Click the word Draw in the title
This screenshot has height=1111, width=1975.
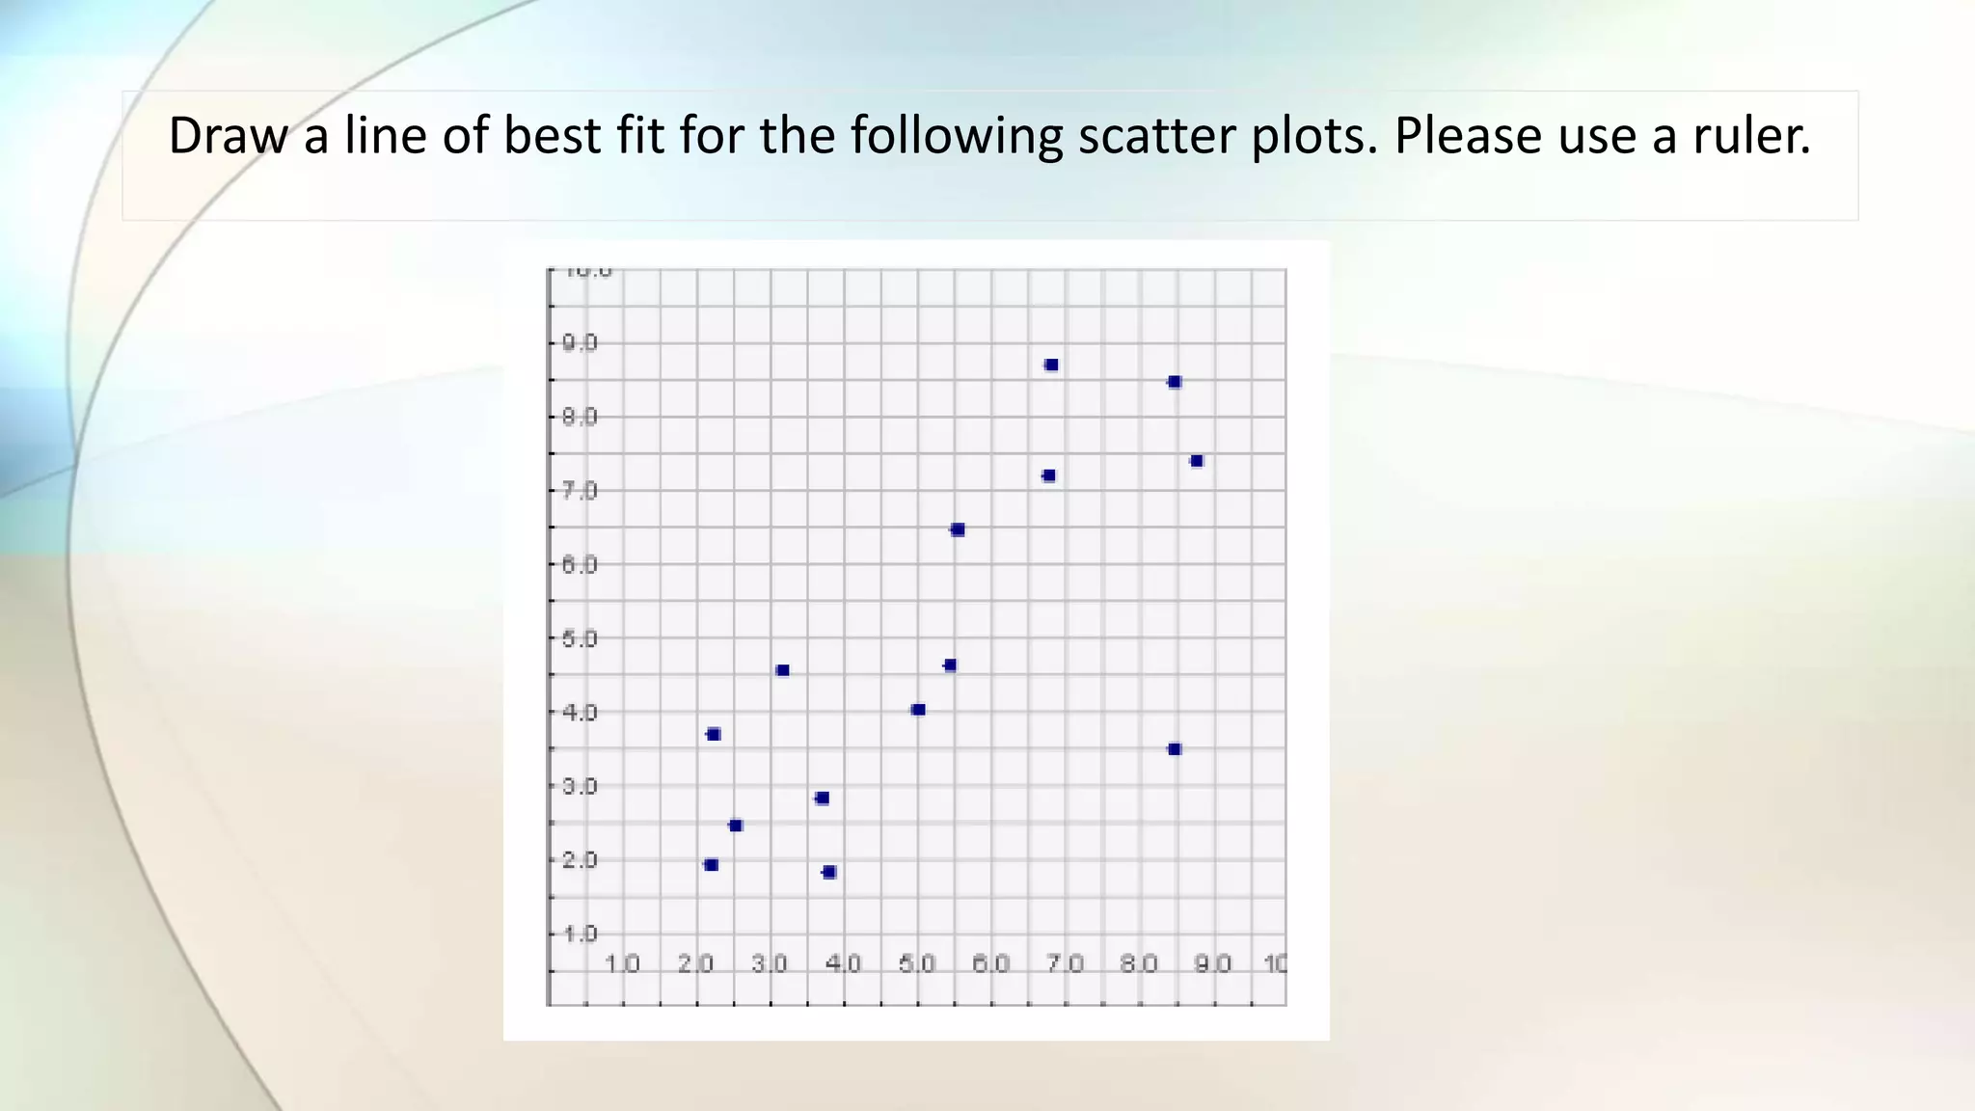[x=228, y=136]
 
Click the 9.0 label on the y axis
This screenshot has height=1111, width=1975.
[x=580, y=343]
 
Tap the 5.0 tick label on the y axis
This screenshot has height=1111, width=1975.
[x=580, y=638]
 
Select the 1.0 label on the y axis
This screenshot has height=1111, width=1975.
[x=580, y=934]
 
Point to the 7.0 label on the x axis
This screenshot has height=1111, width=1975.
[x=1065, y=963]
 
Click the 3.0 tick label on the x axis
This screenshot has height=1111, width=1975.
[x=770, y=963]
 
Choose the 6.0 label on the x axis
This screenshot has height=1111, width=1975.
[x=990, y=963]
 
